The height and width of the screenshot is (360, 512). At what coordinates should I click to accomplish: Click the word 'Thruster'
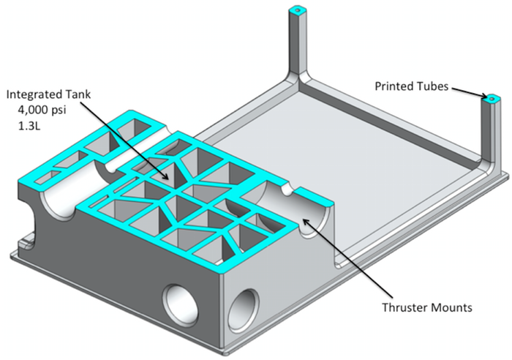[x=404, y=307]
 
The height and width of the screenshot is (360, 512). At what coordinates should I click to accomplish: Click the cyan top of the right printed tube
[x=491, y=98]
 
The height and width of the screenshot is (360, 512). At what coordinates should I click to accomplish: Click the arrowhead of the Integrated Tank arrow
[x=170, y=178]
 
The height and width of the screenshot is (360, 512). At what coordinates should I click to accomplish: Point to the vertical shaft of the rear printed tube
[x=297, y=44]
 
